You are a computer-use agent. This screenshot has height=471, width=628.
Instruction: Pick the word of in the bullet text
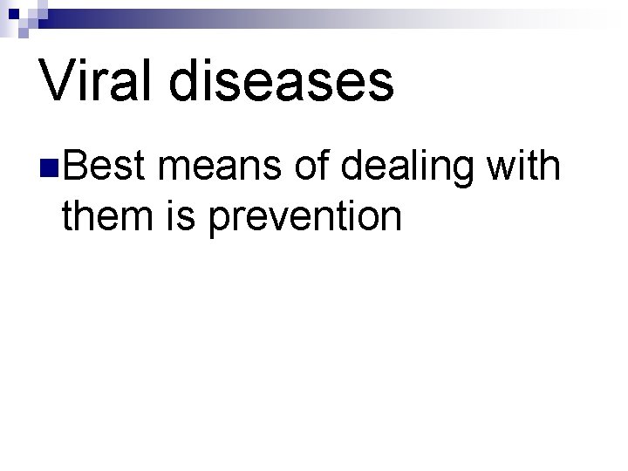click(311, 163)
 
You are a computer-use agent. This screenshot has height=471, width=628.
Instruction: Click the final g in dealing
click(472, 168)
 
